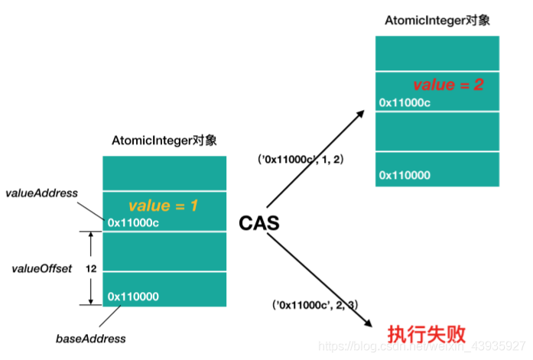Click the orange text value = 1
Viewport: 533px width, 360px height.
pos(163,206)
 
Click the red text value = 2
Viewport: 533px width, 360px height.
pos(448,85)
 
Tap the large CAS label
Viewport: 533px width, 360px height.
pos(258,224)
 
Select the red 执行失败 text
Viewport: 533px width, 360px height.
pos(426,335)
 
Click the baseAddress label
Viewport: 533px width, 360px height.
pos(91,337)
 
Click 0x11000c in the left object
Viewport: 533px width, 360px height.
pos(134,223)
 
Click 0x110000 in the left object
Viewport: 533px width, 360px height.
pos(132,296)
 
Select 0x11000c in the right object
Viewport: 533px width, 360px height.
pos(405,102)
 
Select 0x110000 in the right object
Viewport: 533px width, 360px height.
pos(404,176)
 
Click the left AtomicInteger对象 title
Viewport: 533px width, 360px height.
pos(164,141)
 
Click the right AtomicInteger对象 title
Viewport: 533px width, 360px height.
pos(437,21)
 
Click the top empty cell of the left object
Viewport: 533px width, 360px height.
pos(164,174)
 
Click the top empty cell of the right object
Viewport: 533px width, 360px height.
pos(437,53)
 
